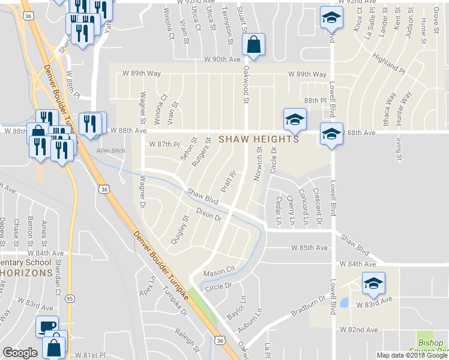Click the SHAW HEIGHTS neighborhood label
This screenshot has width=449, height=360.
[x=258, y=139]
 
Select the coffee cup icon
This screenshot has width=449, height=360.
[x=47, y=327]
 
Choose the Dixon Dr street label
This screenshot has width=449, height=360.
[x=209, y=215]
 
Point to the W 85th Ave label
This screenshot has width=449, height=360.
[x=310, y=247]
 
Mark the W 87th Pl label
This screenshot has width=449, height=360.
[x=164, y=145]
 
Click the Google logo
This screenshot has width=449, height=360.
[x=20, y=353]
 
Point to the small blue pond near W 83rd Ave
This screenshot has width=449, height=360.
[x=344, y=303]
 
